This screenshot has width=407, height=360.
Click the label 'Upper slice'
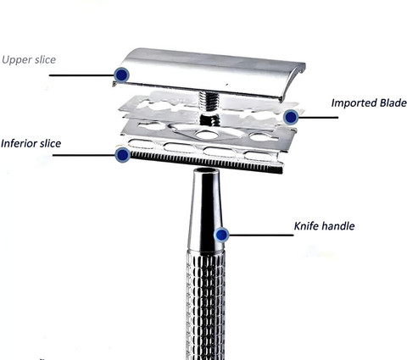[x=29, y=59]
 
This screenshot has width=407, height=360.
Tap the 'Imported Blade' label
[x=369, y=102]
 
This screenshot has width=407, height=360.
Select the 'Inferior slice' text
[x=31, y=143]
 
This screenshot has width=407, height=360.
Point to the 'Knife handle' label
[x=324, y=226]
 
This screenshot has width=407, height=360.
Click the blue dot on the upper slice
[x=122, y=75]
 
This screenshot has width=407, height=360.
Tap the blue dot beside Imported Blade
[x=291, y=117]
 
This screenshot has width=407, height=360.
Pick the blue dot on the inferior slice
[x=123, y=155]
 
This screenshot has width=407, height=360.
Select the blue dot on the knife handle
[x=221, y=235]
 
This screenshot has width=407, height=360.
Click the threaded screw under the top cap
[x=209, y=101]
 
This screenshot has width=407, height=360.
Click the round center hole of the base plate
[x=206, y=135]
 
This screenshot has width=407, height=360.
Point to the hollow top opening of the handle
[x=205, y=170]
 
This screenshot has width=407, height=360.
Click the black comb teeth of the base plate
[x=206, y=162]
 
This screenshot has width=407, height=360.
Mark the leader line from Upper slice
[x=82, y=75]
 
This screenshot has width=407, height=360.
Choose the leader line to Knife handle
[x=261, y=235]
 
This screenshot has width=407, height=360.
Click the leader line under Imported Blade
[x=318, y=117]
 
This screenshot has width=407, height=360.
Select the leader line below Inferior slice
[x=84, y=155]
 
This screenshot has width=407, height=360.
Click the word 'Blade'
[x=393, y=102]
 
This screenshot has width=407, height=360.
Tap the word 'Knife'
[x=307, y=226]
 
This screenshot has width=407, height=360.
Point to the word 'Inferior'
[x=19, y=143]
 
